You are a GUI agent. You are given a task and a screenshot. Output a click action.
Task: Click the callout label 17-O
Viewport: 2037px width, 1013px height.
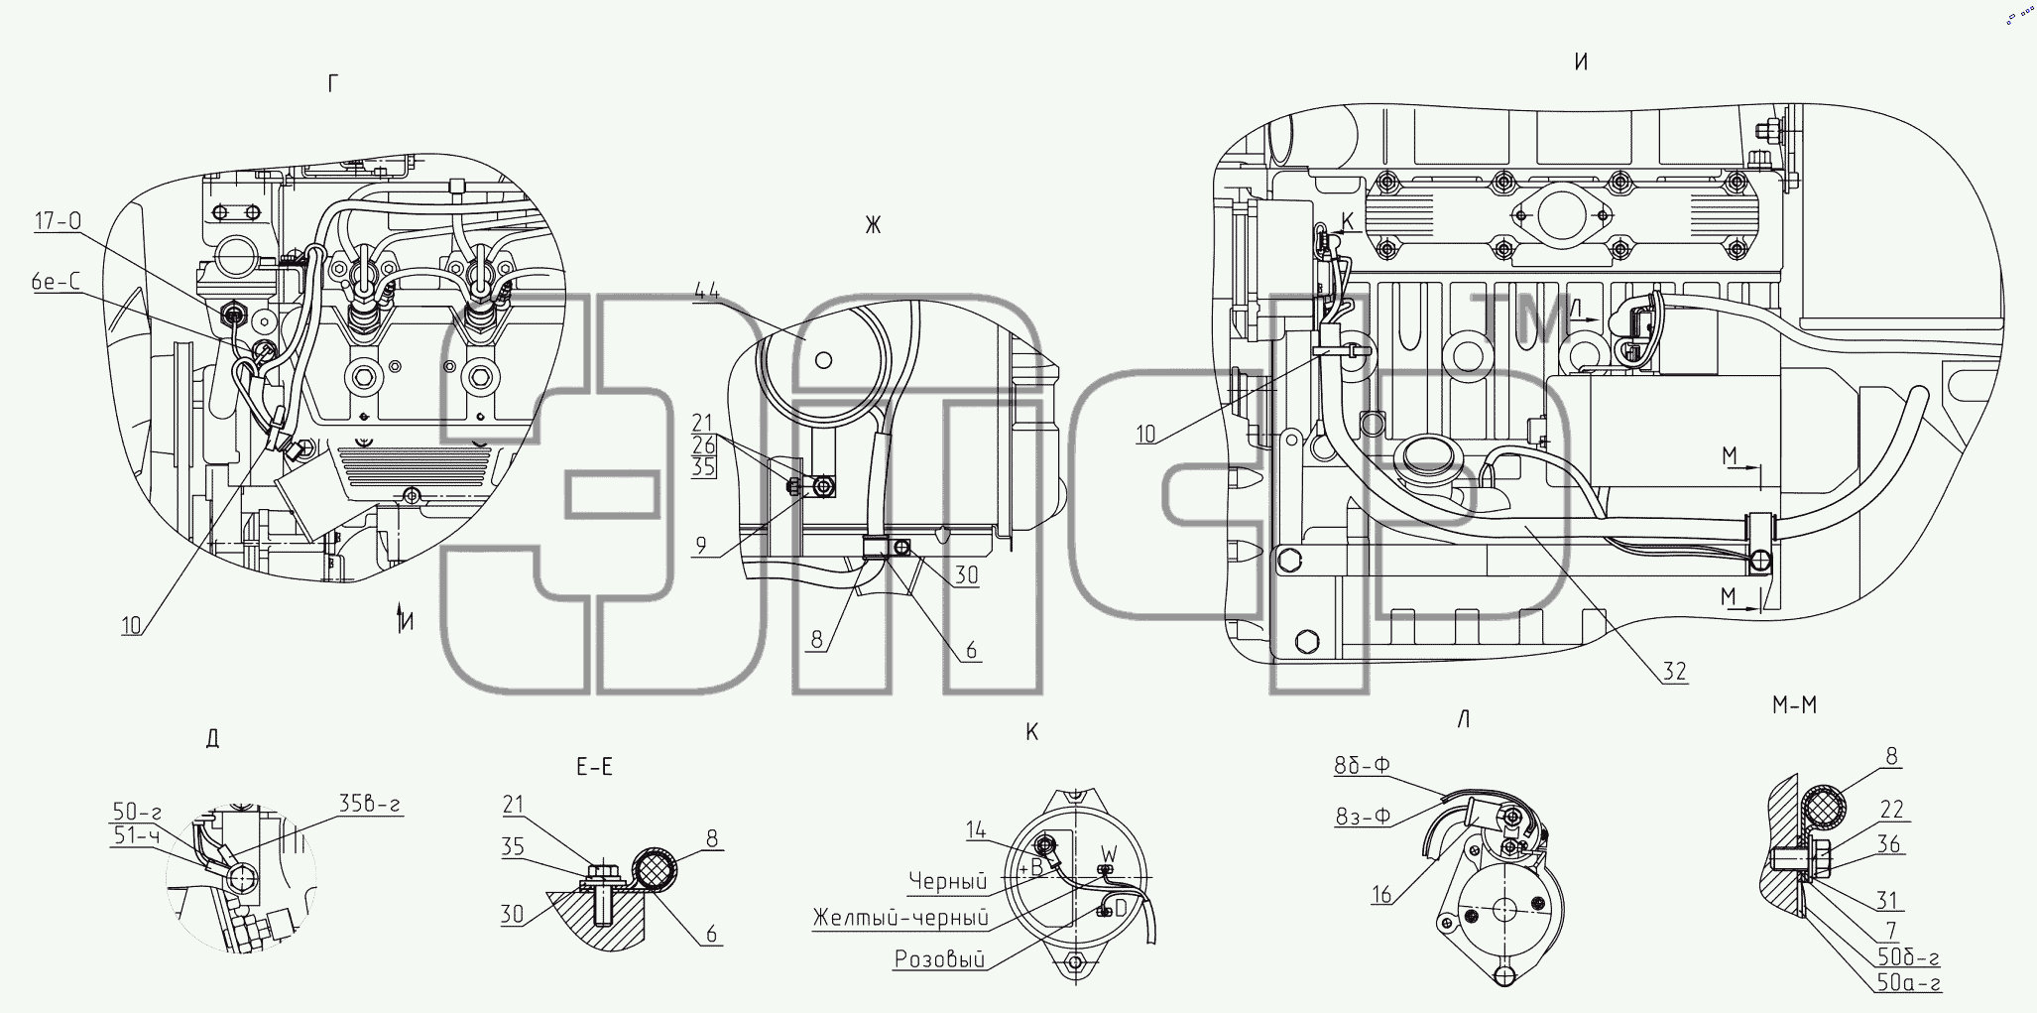58,221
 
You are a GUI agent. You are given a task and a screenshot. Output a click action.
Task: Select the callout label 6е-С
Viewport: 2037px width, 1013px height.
55,283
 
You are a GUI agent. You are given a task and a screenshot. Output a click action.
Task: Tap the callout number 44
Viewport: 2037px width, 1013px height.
707,291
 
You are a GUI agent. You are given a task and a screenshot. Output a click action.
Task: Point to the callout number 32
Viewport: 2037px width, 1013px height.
1674,672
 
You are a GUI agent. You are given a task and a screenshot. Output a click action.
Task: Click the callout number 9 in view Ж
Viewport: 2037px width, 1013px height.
701,546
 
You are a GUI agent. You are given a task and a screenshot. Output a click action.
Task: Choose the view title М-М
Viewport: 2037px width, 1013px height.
1794,705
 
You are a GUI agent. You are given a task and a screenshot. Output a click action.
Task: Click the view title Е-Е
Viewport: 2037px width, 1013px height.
594,766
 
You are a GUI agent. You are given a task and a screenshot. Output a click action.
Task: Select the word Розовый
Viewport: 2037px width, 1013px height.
939,959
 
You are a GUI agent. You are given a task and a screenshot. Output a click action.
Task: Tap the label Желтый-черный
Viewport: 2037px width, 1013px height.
900,918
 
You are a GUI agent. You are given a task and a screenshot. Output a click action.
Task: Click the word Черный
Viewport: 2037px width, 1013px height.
947,881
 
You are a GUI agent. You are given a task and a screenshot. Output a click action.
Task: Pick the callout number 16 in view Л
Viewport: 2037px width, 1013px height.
1380,895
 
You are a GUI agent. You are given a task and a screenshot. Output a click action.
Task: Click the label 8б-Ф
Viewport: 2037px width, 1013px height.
1362,766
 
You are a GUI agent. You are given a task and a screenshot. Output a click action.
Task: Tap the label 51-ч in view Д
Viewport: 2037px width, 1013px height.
136,835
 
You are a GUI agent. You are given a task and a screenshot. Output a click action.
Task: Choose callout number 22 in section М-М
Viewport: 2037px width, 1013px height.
1891,811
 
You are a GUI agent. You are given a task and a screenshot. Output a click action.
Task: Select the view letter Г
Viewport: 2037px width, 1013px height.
332,85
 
